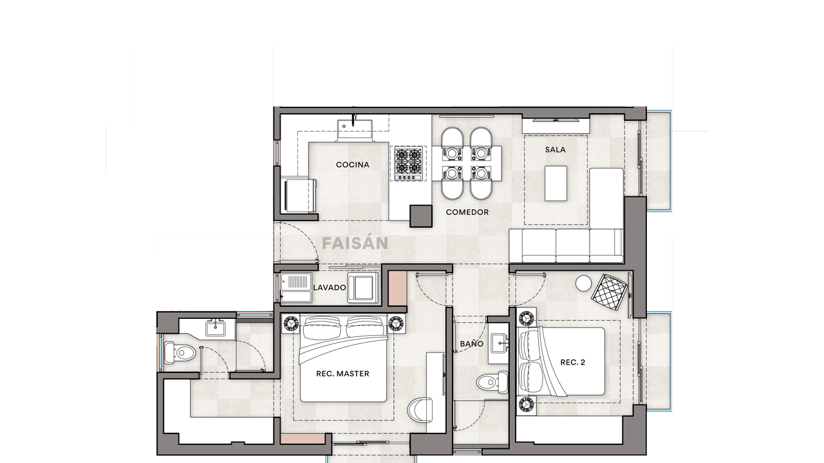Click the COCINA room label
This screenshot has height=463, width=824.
[x=353, y=165]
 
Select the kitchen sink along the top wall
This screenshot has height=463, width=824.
[x=355, y=128]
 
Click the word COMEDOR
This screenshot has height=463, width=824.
[x=467, y=212]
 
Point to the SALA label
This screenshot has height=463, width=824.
[x=555, y=149]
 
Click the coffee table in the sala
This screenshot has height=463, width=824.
[x=556, y=183]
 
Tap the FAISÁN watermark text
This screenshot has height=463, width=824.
[x=355, y=244]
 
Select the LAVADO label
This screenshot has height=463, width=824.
[x=330, y=287]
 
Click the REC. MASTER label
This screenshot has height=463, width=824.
[x=342, y=374]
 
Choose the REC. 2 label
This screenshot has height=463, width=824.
[x=572, y=363]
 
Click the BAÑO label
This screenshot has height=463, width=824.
[x=471, y=344]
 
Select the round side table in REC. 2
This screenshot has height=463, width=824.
[x=583, y=284]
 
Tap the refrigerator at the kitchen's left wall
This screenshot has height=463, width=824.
[x=299, y=195]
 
